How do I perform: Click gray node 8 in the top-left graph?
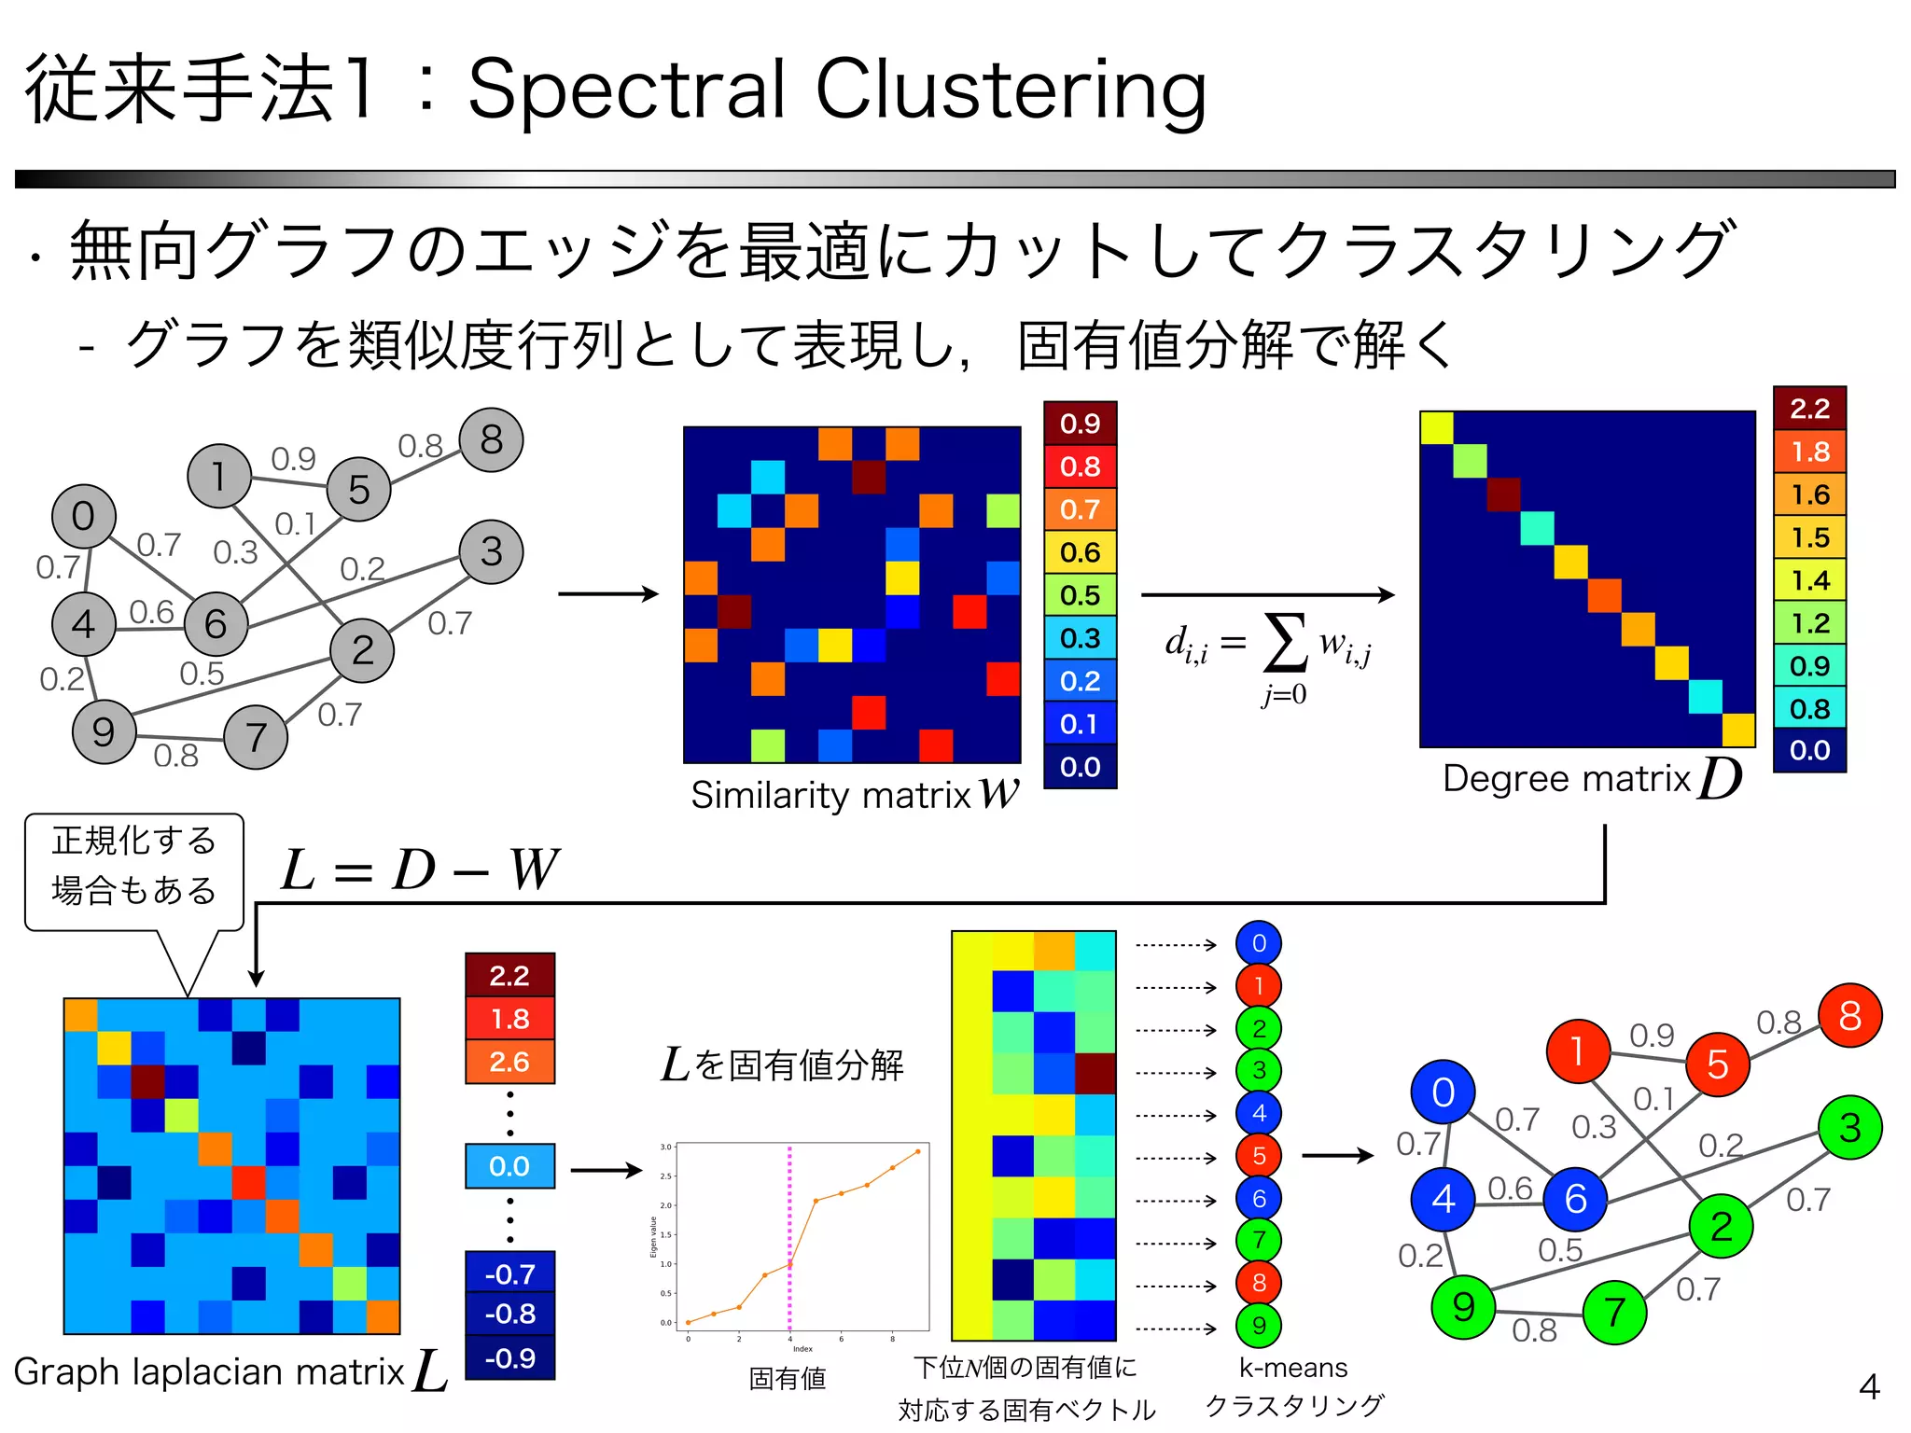(491, 439)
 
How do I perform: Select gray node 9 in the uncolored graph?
(104, 731)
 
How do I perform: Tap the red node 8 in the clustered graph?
(1849, 1015)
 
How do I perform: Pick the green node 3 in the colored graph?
(1849, 1128)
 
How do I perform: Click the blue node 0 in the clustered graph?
(1443, 1092)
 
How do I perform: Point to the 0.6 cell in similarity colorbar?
(1080, 552)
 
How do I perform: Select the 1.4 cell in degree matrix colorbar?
(1809, 580)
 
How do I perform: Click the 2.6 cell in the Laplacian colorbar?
(509, 1062)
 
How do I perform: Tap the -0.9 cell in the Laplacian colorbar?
(509, 1357)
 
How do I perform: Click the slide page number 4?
(1868, 1386)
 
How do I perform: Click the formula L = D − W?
(420, 870)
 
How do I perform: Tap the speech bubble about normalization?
(134, 867)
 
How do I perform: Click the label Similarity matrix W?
(854, 794)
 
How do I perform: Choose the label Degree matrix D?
(1591, 778)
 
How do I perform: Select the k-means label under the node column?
(1293, 1368)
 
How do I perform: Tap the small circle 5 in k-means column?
(1258, 1156)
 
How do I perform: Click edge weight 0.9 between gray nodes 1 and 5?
(293, 458)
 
